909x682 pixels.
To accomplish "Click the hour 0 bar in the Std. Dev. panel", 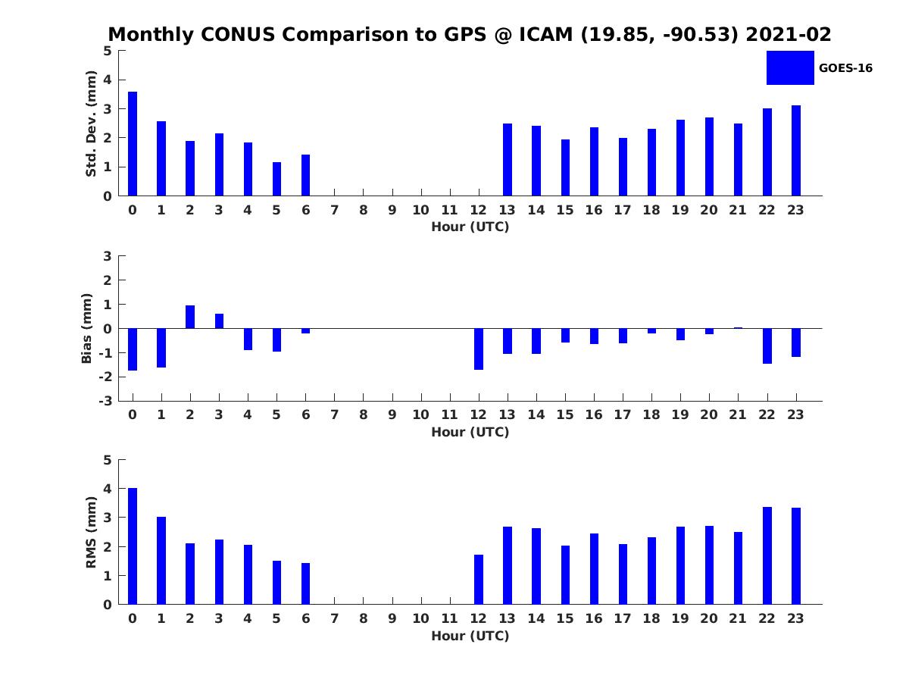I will click(133, 144).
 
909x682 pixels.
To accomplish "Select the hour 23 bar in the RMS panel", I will click(796, 555).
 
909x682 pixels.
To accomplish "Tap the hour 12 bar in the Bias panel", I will click(479, 349).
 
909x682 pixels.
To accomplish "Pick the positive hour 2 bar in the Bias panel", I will click(190, 317).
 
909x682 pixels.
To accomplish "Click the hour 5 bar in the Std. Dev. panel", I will click(276, 179).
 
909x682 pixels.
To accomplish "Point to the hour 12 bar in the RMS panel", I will click(479, 579).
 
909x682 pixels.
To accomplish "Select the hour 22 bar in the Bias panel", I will click(767, 346).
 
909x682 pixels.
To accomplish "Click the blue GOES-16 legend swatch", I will click(789, 67).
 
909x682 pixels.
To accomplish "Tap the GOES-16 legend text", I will click(845, 68).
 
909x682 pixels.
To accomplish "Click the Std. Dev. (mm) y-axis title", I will click(91, 124).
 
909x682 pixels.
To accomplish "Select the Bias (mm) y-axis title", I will click(88, 327).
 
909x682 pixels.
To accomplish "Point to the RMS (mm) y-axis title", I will click(91, 532).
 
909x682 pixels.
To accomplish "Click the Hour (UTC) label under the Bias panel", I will click(470, 432).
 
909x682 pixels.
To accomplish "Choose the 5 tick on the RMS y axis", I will click(108, 460).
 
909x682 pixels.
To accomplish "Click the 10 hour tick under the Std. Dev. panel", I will click(420, 211).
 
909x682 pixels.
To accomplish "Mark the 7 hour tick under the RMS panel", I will click(334, 619).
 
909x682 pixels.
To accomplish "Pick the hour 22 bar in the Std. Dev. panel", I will click(767, 152).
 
